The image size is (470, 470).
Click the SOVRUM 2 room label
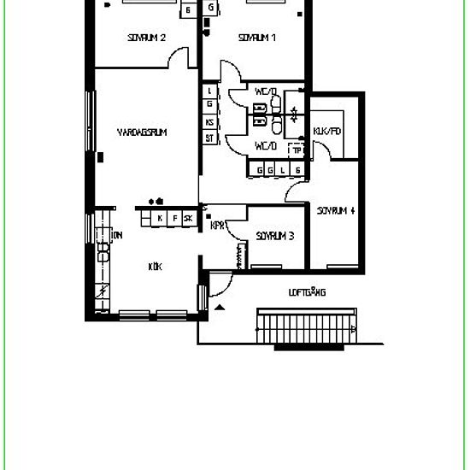click(146, 38)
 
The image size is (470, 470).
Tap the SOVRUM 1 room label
click(257, 38)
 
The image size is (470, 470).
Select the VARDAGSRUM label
click(141, 132)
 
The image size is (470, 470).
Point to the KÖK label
click(155, 267)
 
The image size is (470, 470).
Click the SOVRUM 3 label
click(275, 236)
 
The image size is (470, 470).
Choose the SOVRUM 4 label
click(336, 210)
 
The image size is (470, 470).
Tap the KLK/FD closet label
click(327, 132)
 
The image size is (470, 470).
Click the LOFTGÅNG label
click(308, 292)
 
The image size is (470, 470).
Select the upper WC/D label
click(266, 91)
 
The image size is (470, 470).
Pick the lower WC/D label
click(266, 146)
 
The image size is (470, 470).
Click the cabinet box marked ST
click(209, 138)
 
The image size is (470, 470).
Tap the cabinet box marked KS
click(209, 121)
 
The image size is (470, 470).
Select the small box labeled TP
click(297, 150)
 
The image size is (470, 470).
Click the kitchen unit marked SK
click(188, 219)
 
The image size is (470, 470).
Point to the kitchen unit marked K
click(159, 219)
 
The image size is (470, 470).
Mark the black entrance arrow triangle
click(220, 305)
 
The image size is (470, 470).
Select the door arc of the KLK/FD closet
click(323, 151)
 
